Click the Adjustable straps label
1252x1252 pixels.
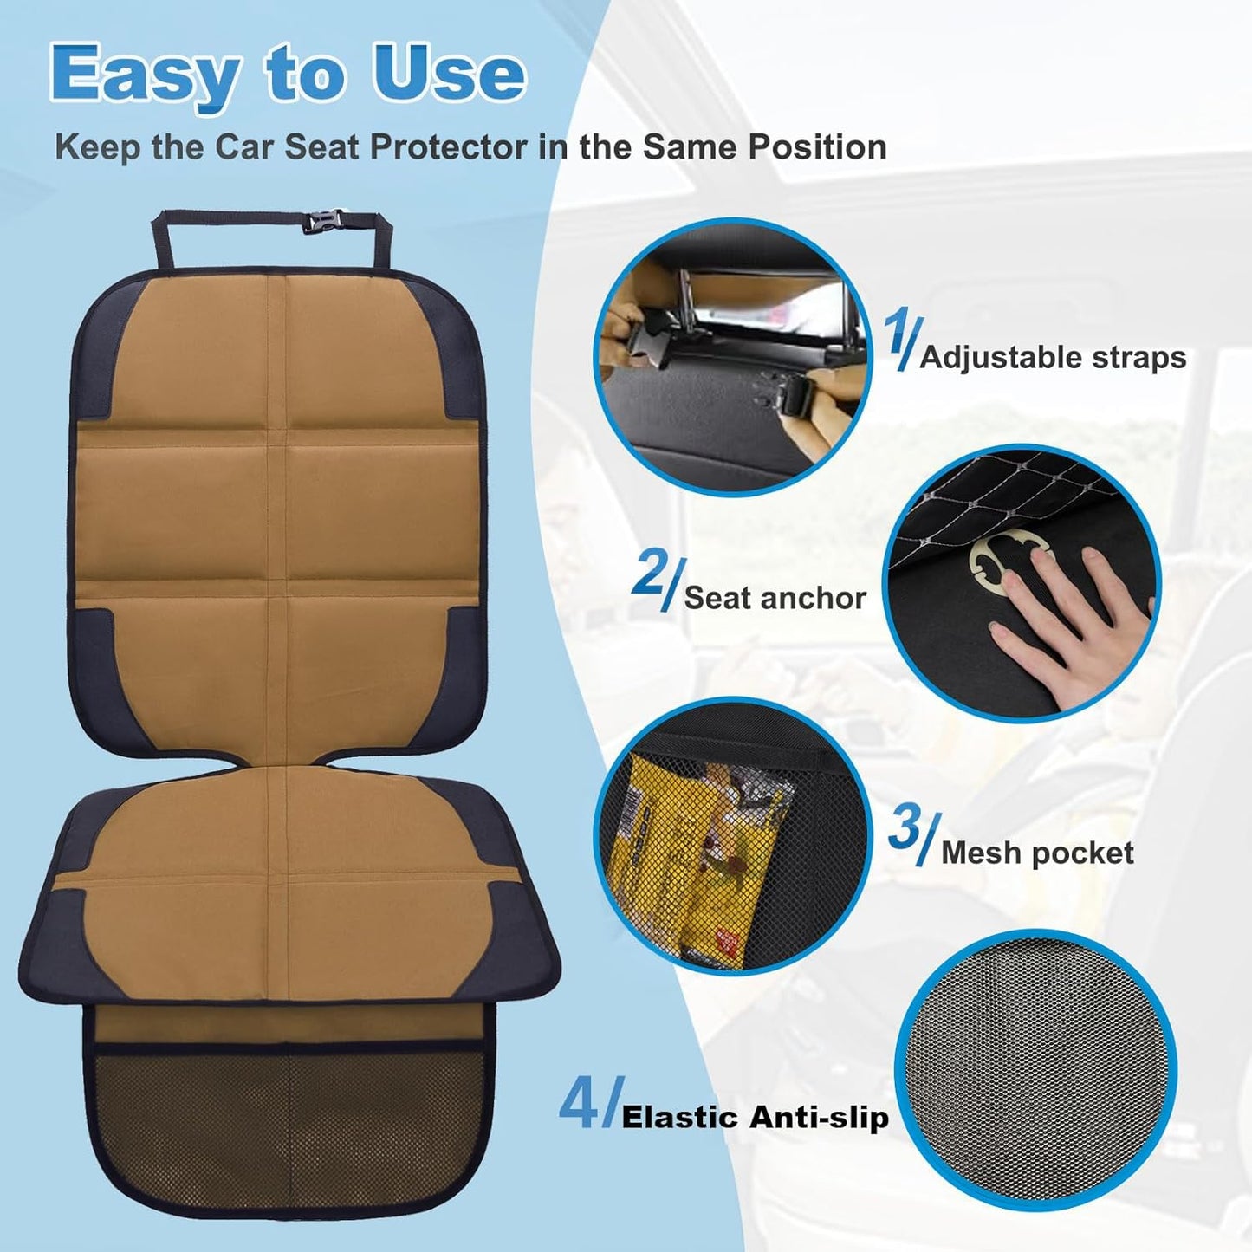pyautogui.click(x=1053, y=357)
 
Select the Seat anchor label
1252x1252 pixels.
pyautogui.click(x=775, y=598)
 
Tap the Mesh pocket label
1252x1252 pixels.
pyautogui.click(x=1037, y=853)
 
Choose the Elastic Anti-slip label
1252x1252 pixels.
pyautogui.click(x=755, y=1118)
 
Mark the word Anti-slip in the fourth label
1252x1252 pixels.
pyautogui.click(x=819, y=1118)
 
